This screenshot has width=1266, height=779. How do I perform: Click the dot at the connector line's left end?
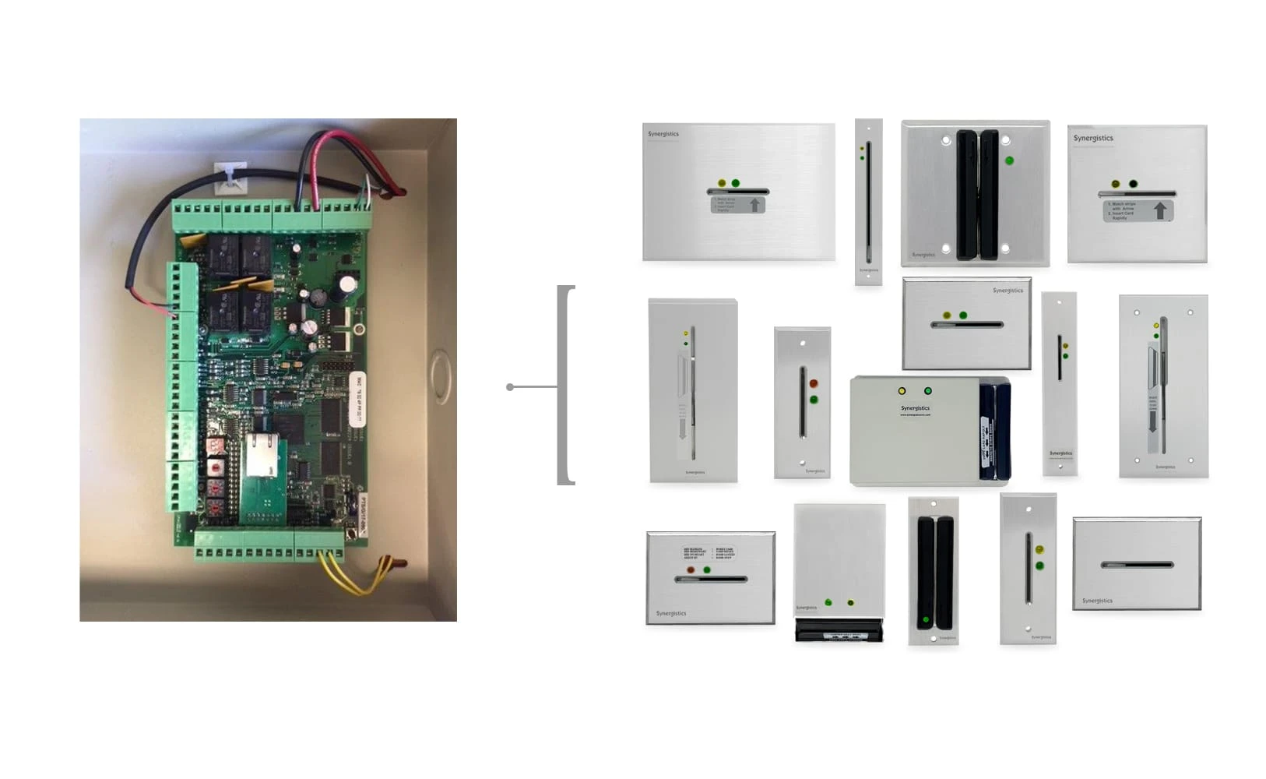point(510,387)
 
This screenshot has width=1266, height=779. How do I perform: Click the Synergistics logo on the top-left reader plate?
point(663,134)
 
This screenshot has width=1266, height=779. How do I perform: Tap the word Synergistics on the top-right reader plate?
point(1093,139)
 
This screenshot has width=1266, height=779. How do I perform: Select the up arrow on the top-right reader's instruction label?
point(1160,210)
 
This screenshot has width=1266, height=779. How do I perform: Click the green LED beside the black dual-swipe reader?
point(1010,160)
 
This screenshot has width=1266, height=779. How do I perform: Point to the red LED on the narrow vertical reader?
point(814,384)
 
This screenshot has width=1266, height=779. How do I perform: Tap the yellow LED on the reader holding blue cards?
point(902,391)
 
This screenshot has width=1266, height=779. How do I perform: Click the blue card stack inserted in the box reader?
point(995,432)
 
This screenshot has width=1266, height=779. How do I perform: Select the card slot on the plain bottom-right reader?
point(1137,564)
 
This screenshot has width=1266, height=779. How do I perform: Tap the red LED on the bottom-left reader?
point(691,570)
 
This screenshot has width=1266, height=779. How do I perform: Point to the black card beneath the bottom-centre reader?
point(839,630)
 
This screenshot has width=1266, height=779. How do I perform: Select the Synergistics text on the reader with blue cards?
point(916,408)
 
